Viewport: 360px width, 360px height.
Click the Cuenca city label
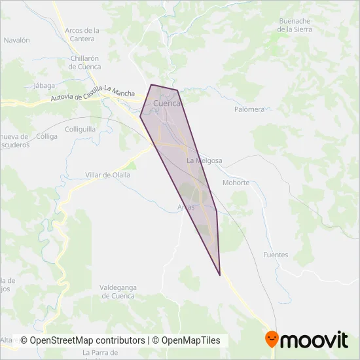(166, 103)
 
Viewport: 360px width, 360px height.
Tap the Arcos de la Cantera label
(82, 34)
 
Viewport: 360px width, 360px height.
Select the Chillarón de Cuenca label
(84, 62)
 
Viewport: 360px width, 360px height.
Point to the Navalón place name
(17, 40)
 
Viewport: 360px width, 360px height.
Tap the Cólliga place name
(47, 136)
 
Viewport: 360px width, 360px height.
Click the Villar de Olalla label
(108, 175)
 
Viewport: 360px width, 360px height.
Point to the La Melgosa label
(204, 160)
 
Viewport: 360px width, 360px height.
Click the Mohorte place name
(236, 183)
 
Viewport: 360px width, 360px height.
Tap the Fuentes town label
(275, 255)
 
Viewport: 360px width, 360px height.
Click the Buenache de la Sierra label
(295, 25)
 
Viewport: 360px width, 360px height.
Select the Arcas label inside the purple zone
(186, 207)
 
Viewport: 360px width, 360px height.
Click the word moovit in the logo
(314, 340)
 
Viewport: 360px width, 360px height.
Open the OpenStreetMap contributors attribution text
(83, 340)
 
